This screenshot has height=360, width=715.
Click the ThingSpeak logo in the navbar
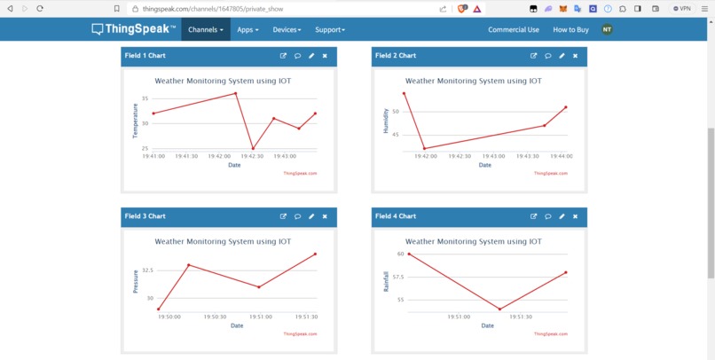click(134, 29)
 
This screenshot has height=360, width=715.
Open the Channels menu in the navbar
click(206, 29)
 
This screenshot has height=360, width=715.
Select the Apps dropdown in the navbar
click(247, 29)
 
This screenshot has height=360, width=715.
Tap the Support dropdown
click(330, 29)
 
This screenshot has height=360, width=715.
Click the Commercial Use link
click(513, 29)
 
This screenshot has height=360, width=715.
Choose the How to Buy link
click(570, 29)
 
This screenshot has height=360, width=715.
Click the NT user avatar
click(607, 29)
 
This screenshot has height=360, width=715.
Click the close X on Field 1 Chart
click(325, 56)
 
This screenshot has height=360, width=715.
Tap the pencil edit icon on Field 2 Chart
click(562, 56)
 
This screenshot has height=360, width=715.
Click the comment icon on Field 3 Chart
click(297, 216)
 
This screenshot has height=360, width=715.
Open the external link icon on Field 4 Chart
click(533, 216)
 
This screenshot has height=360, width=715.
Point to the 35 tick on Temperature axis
click(145, 98)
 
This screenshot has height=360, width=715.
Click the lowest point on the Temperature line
click(253, 148)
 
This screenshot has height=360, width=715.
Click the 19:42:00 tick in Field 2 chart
click(426, 156)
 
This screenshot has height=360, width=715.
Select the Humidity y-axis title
click(385, 121)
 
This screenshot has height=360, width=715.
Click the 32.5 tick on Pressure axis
click(147, 270)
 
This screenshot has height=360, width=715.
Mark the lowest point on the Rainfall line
click(500, 309)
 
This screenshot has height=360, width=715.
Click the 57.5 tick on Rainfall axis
click(397, 277)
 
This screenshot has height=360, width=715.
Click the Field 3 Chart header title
click(145, 216)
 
